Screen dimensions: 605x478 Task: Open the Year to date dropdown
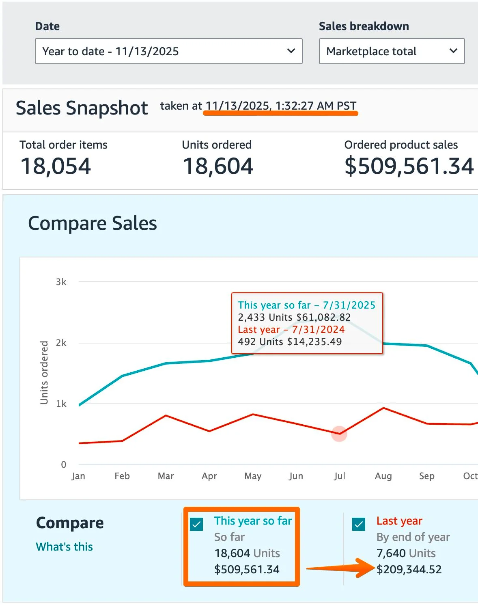[x=168, y=51]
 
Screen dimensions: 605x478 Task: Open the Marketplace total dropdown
[x=392, y=51]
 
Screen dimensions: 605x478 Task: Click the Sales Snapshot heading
[x=82, y=108]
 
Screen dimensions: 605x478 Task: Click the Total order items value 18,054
[x=56, y=166]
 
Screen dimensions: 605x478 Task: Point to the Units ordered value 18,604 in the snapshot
[x=218, y=166]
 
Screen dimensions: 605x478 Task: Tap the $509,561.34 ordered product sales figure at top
[x=409, y=166]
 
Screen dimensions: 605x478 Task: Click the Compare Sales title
[x=93, y=223]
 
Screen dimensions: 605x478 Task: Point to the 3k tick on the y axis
[x=61, y=282]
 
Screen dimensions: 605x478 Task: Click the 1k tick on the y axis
[x=61, y=404]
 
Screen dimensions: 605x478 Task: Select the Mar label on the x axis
[x=166, y=476]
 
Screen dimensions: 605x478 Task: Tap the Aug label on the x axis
[x=383, y=476]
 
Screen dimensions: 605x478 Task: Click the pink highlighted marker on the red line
[x=339, y=434]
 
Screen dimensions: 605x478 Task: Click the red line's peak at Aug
[x=383, y=408]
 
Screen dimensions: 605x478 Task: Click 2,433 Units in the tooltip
[x=265, y=317]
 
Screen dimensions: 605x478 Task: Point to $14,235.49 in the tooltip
[x=314, y=341]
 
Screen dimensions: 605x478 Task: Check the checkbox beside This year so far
[x=196, y=524]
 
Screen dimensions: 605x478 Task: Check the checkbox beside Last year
[x=359, y=524]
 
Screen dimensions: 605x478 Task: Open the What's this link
[x=65, y=547]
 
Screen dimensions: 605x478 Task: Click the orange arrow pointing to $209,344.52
[x=341, y=568]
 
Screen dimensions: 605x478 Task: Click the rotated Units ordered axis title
[x=44, y=373]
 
